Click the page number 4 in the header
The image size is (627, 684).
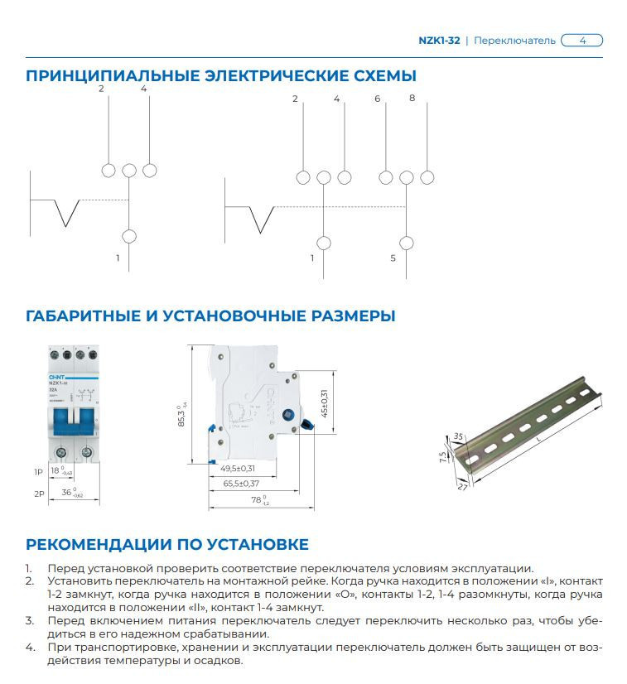click(582, 40)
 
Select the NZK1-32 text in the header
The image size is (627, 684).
click(439, 40)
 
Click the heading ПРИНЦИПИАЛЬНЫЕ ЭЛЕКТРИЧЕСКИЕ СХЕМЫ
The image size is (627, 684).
click(220, 76)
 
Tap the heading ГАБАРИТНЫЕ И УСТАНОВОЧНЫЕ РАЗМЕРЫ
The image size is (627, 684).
click(210, 316)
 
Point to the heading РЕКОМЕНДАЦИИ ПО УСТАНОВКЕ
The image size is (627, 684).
click(167, 544)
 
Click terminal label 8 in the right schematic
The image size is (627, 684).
click(412, 99)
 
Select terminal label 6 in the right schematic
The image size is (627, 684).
click(378, 99)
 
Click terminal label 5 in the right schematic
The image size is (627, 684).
click(393, 258)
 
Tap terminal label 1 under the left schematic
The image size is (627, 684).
click(118, 258)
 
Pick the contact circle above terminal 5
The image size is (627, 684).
click(406, 243)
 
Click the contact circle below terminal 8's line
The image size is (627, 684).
click(427, 177)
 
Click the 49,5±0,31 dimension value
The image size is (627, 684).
click(238, 468)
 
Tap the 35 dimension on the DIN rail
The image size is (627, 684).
click(458, 436)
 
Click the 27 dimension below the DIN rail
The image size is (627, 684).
click(461, 489)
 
